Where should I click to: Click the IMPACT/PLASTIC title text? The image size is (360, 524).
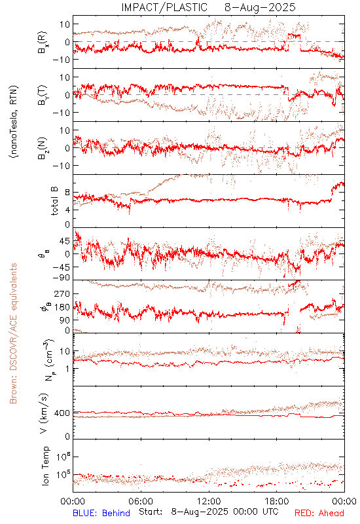click(x=164, y=7)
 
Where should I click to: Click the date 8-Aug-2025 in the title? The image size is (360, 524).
click(x=260, y=7)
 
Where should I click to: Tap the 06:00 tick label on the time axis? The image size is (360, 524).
click(x=141, y=502)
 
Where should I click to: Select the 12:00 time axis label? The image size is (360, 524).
click(x=209, y=502)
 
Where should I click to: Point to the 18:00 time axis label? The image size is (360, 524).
click(x=277, y=502)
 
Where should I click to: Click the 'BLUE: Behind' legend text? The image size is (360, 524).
click(x=101, y=513)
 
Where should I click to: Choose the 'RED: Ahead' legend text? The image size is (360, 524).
click(x=319, y=513)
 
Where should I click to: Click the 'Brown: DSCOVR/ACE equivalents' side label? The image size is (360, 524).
click(x=13, y=333)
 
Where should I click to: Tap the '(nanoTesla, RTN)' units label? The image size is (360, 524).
click(x=14, y=122)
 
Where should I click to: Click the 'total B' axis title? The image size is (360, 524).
click(x=54, y=201)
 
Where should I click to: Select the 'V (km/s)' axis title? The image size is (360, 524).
click(x=44, y=413)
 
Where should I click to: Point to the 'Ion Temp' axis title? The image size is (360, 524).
click(x=45, y=466)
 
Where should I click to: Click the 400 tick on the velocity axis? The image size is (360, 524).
click(x=62, y=413)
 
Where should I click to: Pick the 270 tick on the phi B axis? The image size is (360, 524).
click(x=62, y=294)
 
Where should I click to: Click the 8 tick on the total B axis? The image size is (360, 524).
click(x=67, y=193)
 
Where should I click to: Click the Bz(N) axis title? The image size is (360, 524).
click(x=43, y=148)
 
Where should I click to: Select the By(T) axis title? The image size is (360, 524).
click(x=43, y=95)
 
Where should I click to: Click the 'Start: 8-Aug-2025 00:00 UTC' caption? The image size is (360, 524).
click(x=209, y=512)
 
